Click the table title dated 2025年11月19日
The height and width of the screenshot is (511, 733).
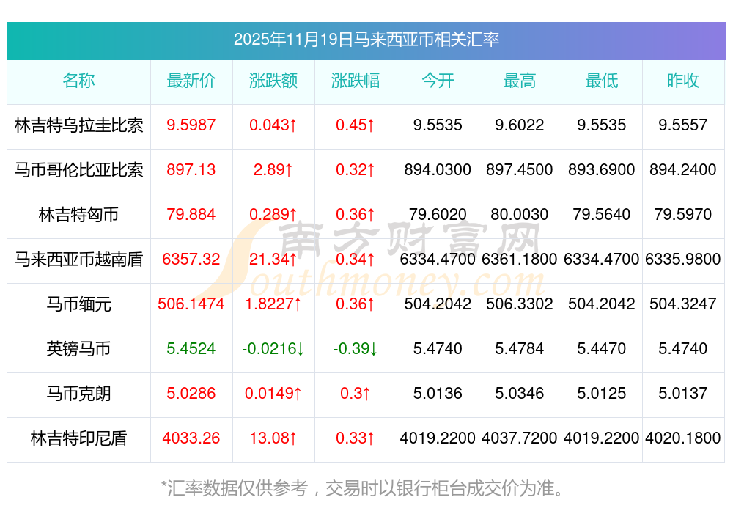point(366,39)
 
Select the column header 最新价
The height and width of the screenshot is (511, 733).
point(191,81)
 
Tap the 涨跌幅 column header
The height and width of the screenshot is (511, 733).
point(356,81)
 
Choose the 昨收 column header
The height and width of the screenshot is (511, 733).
point(683,81)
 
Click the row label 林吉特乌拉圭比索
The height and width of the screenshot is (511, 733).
point(78,125)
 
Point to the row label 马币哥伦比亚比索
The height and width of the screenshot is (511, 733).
point(78,170)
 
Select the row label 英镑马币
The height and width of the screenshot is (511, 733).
point(78,349)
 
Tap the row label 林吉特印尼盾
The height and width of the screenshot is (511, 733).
point(78,438)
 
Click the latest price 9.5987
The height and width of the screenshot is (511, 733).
point(191,125)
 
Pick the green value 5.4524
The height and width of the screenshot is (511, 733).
point(191,349)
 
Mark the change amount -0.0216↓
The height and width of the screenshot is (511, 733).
point(273,349)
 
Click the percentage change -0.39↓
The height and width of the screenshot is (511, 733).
point(356,349)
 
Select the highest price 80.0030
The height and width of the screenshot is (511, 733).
point(520,215)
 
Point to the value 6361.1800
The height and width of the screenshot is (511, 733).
point(520,260)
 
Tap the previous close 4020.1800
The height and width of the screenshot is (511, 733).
point(683,438)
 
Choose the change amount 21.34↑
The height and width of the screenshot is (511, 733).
point(273,260)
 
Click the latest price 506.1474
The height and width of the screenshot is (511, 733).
point(191,304)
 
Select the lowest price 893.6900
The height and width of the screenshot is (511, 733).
point(602,170)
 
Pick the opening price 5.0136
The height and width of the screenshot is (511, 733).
point(438,394)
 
